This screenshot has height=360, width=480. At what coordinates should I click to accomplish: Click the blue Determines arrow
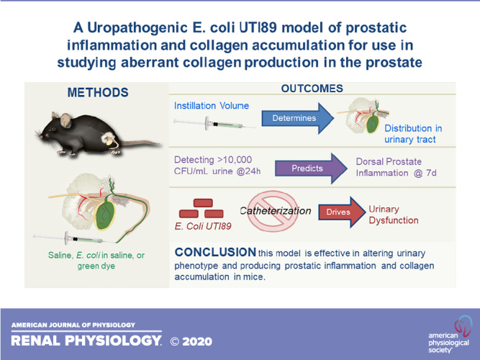297,118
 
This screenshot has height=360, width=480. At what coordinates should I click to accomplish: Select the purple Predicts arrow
310,168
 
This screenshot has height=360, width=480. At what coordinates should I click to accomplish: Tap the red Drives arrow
342,212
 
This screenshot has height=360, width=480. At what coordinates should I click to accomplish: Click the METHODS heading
98,93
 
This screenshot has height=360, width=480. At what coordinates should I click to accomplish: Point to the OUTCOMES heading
312,89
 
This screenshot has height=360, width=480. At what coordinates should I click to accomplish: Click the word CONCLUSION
215,252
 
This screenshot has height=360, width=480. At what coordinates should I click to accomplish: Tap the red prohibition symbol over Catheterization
273,211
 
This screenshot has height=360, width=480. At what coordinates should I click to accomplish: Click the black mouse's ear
65,120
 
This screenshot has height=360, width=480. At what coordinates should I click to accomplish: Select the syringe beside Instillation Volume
214,124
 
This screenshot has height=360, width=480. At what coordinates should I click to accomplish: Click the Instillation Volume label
212,106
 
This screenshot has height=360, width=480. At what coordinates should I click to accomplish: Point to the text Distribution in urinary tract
413,134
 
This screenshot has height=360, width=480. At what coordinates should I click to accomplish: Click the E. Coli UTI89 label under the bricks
203,226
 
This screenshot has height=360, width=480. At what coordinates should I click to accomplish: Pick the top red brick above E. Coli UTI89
203,203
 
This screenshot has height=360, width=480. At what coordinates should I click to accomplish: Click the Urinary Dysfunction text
394,215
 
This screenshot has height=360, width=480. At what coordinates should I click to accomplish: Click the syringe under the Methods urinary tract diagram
74,238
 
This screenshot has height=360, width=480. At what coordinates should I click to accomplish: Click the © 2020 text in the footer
191,341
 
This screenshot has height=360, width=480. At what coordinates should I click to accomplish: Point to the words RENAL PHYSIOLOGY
86,341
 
